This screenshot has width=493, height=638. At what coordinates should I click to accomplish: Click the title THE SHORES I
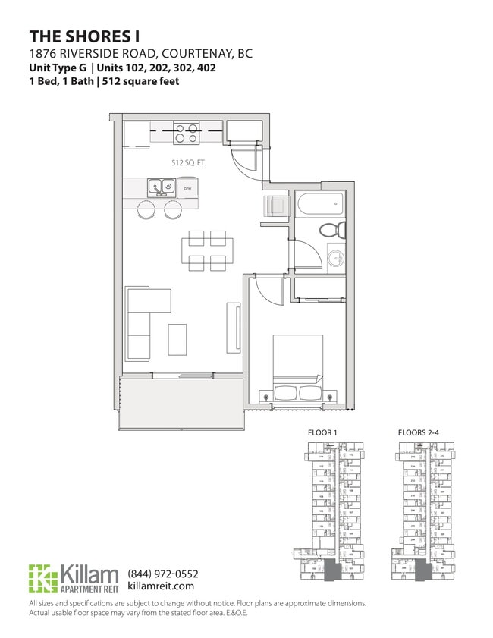coord(84,36)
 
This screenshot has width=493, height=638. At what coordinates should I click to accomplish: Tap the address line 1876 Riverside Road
coord(140,54)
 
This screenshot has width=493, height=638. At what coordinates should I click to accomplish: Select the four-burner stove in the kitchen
coord(185,134)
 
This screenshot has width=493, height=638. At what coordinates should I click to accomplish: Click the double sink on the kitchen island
coord(160,186)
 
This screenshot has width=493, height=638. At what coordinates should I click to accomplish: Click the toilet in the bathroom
coord(331,230)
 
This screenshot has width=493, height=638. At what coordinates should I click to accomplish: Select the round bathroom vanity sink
coord(335,256)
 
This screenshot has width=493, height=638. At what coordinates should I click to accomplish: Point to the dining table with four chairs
coord(207,250)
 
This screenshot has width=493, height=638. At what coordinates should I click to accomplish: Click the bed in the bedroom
coord(297,368)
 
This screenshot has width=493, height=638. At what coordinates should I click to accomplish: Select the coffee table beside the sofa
coord(177,338)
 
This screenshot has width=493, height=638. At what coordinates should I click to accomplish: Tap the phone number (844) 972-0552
coord(163,574)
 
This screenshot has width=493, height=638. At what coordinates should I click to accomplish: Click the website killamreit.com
coord(162,586)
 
